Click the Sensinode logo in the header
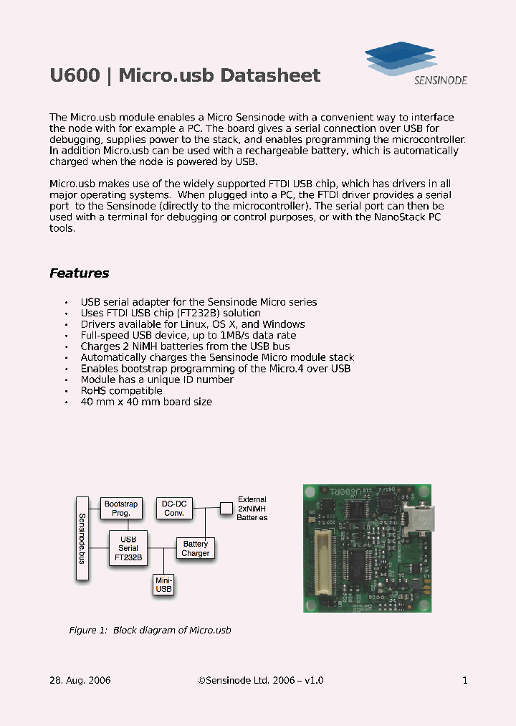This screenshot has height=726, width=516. click(416, 64)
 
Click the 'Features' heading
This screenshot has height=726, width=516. click(79, 273)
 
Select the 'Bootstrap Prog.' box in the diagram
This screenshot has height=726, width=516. click(121, 509)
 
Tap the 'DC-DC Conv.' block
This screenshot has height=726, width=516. click(174, 508)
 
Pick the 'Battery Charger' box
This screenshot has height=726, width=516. click(195, 548)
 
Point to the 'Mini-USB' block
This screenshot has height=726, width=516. click(164, 584)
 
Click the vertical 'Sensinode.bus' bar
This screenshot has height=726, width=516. click(82, 538)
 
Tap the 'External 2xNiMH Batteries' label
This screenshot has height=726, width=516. click(252, 508)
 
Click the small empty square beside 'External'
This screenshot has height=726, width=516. click(226, 508)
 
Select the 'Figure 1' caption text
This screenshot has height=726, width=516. click(150, 630)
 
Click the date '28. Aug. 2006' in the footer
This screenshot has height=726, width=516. click(80, 680)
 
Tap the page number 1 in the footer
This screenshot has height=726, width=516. click(465, 680)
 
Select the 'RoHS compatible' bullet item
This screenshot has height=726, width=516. click(121, 391)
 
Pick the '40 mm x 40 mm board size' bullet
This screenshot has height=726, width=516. click(146, 402)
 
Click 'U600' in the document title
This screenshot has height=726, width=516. click(75, 76)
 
